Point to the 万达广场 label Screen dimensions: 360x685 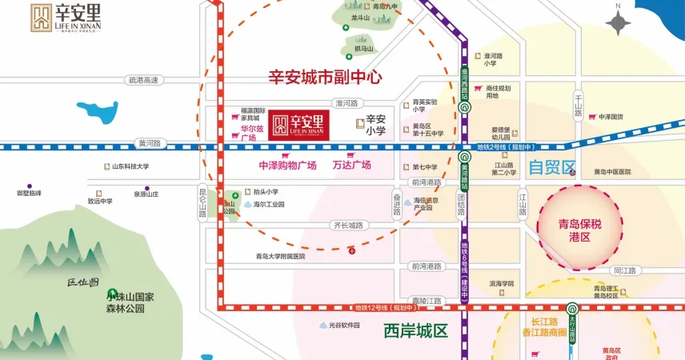[x=351, y=166]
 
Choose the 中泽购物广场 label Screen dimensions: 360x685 [x=287, y=166]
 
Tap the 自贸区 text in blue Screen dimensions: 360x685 [x=552, y=168]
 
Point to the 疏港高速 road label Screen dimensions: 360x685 [x=144, y=80]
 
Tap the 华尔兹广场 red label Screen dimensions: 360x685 [x=248, y=134]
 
